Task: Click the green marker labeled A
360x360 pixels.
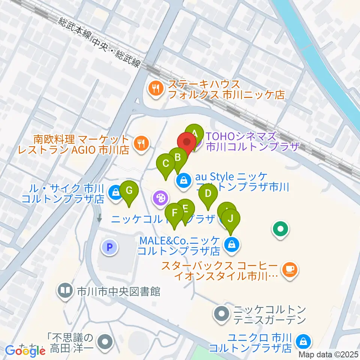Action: point(195,133)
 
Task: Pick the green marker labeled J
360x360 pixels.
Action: point(231,217)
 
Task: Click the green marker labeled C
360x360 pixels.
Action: point(166,163)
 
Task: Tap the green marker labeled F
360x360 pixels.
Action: point(174,213)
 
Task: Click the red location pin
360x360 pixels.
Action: point(187,142)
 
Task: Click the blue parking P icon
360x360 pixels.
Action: point(109,247)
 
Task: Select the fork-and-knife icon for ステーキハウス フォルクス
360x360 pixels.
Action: point(155,88)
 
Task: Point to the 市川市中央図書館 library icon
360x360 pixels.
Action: point(66,290)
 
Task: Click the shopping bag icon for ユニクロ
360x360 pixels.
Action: point(302,341)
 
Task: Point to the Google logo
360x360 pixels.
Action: point(25,351)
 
